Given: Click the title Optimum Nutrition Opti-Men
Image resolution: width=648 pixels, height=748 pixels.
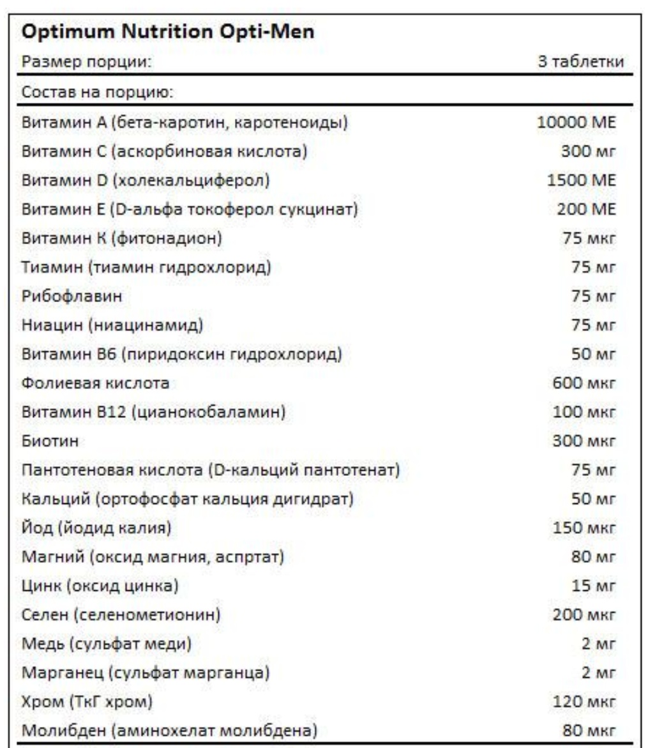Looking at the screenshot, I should coord(169,32).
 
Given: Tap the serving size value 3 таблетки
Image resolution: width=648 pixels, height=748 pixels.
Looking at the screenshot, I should coord(580,63).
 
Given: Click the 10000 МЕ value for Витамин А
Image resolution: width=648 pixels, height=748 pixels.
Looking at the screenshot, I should coord(576,122).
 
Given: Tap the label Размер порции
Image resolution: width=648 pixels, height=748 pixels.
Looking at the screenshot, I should coord(86,63).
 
